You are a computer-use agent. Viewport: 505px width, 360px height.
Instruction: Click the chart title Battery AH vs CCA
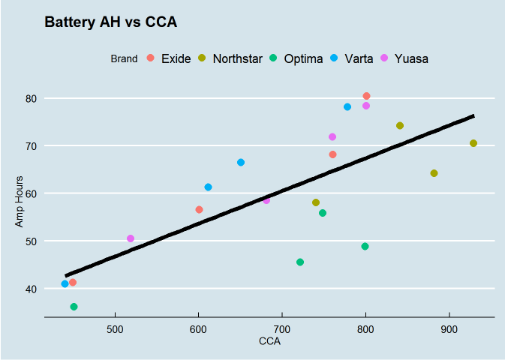point(110,22)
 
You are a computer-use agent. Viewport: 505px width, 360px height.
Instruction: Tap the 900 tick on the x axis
point(449,329)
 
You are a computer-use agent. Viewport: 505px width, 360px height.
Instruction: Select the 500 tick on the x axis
point(115,329)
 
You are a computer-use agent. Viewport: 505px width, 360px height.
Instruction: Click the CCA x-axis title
point(269,342)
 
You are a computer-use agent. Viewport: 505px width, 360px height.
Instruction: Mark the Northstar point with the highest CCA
point(473,143)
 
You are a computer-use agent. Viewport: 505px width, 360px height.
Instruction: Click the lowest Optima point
point(74,307)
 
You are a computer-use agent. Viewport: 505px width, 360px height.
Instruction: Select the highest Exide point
point(366,96)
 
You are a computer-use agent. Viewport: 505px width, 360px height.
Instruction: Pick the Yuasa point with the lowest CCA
point(131,238)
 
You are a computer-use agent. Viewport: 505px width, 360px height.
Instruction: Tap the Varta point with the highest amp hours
point(347,107)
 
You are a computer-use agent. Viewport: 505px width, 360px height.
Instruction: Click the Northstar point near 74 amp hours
point(400,126)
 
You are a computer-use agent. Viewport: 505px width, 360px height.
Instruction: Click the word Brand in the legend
point(124,58)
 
